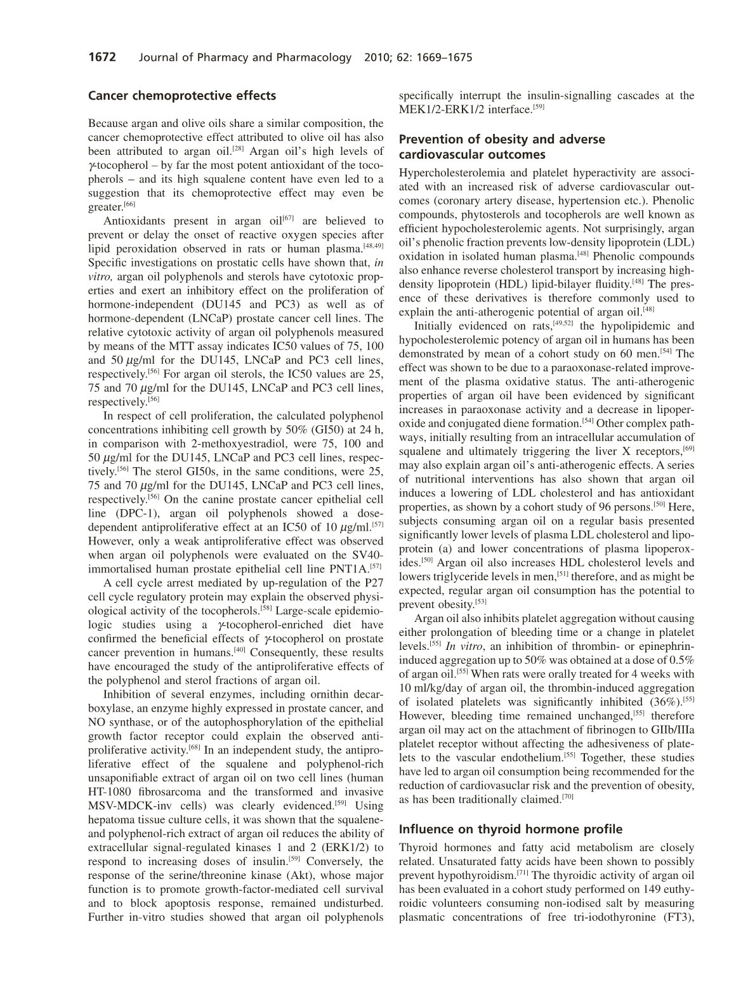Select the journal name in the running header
(244, 58)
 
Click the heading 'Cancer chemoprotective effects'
(182, 96)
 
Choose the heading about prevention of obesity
(501, 147)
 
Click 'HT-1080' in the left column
(110, 791)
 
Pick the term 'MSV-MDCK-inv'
(128, 805)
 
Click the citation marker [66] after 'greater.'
(129, 204)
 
